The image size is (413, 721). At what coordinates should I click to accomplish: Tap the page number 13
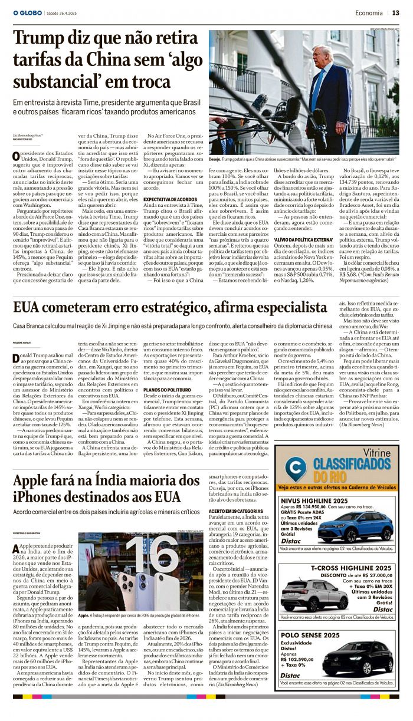click(395, 12)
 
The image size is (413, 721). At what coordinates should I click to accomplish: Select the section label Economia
click(369, 12)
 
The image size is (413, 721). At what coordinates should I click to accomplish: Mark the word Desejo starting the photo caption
click(215, 159)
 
